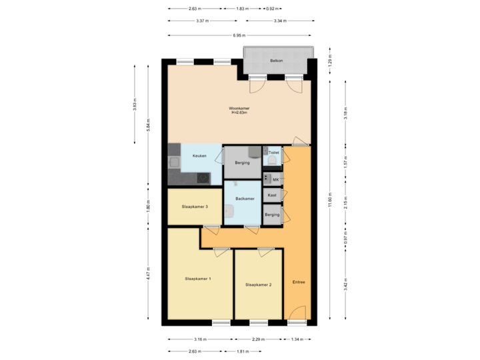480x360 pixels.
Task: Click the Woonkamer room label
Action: click(238, 108)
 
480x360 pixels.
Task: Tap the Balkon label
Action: click(276, 61)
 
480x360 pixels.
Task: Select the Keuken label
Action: click(199, 156)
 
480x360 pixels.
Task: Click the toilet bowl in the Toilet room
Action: click(272, 161)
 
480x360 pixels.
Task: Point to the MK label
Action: click(275, 179)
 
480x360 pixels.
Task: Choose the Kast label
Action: click(272, 195)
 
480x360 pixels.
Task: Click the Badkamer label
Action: click(245, 199)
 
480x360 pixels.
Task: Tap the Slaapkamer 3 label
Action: click(195, 207)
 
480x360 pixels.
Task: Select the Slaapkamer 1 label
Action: click(198, 278)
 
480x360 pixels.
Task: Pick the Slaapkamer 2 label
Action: click(258, 285)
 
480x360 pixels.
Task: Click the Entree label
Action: click(298, 282)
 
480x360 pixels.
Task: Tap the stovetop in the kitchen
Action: click(201, 177)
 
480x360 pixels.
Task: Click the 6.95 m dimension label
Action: click(239, 35)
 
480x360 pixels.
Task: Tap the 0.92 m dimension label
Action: click(272, 9)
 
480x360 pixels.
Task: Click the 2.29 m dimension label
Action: click(257, 339)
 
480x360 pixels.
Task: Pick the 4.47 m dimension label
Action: click(148, 273)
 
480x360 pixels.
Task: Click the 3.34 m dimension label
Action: click(280, 21)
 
